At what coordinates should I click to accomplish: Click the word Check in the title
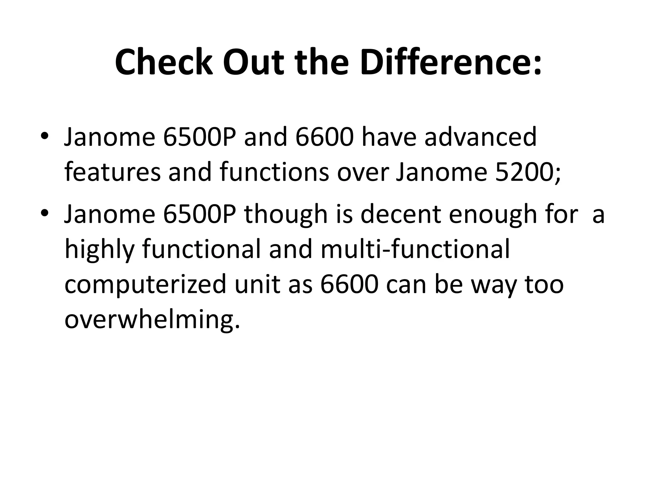[164, 62]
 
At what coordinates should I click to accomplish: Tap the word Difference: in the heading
[451, 62]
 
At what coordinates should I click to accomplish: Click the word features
[112, 172]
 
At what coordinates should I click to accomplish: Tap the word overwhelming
[152, 320]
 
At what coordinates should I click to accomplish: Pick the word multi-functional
[415, 249]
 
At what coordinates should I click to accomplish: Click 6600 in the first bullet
[324, 137]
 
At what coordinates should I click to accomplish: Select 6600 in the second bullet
[348, 284]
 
